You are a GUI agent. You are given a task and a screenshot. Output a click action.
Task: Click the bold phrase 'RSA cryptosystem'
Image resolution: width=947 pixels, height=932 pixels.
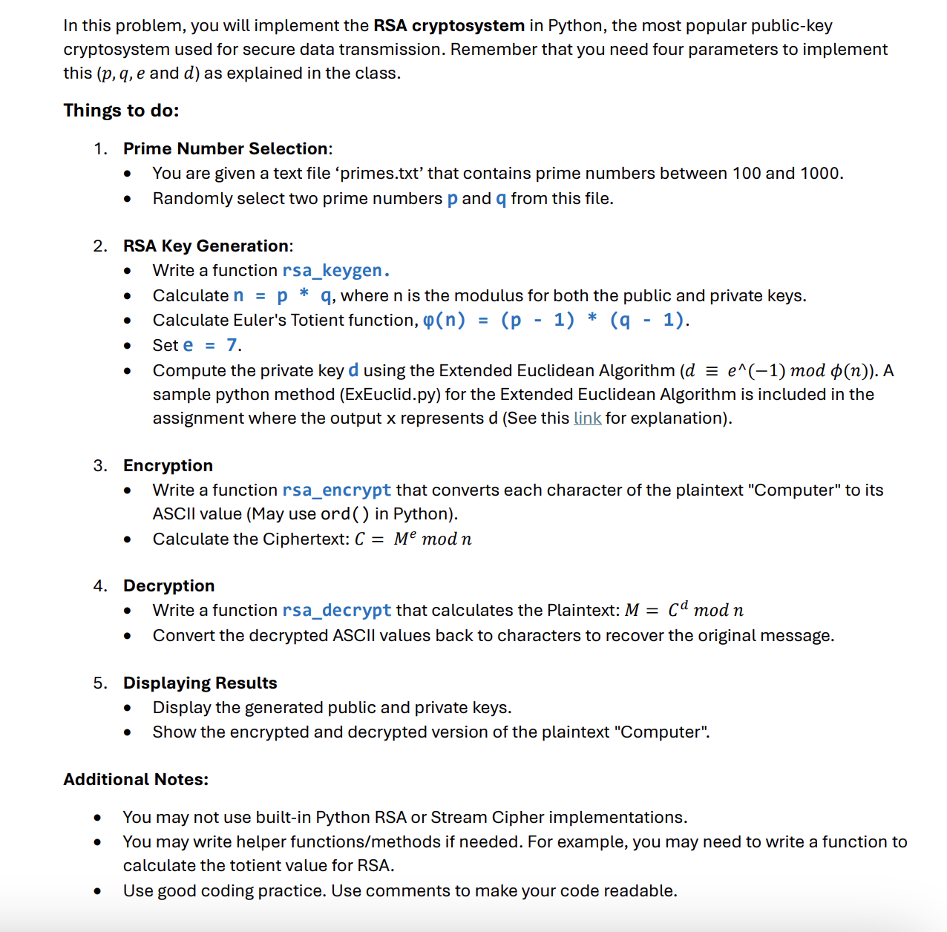[x=448, y=26]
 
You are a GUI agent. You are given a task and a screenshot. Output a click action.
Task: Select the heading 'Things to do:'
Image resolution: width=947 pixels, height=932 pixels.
[x=121, y=111]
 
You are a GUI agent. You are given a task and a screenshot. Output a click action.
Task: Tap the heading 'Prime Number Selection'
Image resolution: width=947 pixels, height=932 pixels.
[x=226, y=149]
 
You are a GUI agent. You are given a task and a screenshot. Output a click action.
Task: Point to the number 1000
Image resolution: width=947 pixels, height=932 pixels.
[x=820, y=174]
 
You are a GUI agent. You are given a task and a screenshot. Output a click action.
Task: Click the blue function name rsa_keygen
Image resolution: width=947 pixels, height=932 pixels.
[x=335, y=271]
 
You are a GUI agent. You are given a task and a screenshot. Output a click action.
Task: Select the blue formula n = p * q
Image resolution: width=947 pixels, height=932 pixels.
[x=283, y=296]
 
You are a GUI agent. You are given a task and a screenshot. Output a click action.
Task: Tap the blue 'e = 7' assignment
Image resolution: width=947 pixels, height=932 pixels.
[x=211, y=346]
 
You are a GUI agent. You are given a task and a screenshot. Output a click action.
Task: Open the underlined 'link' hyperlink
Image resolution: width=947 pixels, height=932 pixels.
[x=587, y=419]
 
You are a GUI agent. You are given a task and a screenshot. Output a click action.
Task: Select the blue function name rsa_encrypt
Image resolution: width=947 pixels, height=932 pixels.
[x=336, y=490]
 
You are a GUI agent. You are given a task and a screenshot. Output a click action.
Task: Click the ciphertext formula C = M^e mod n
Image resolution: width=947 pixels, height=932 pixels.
[x=413, y=539]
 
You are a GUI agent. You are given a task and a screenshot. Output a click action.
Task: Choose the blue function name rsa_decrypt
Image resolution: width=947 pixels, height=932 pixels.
[x=336, y=611]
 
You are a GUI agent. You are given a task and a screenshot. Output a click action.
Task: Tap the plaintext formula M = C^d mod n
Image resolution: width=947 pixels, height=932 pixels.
[x=684, y=611]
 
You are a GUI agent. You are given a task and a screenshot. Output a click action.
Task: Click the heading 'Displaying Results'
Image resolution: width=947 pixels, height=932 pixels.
[x=200, y=683]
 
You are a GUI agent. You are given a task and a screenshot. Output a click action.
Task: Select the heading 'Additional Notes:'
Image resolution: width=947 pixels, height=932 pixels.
[x=136, y=780]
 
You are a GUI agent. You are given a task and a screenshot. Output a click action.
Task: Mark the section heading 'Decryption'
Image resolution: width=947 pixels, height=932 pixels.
[x=168, y=586]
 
